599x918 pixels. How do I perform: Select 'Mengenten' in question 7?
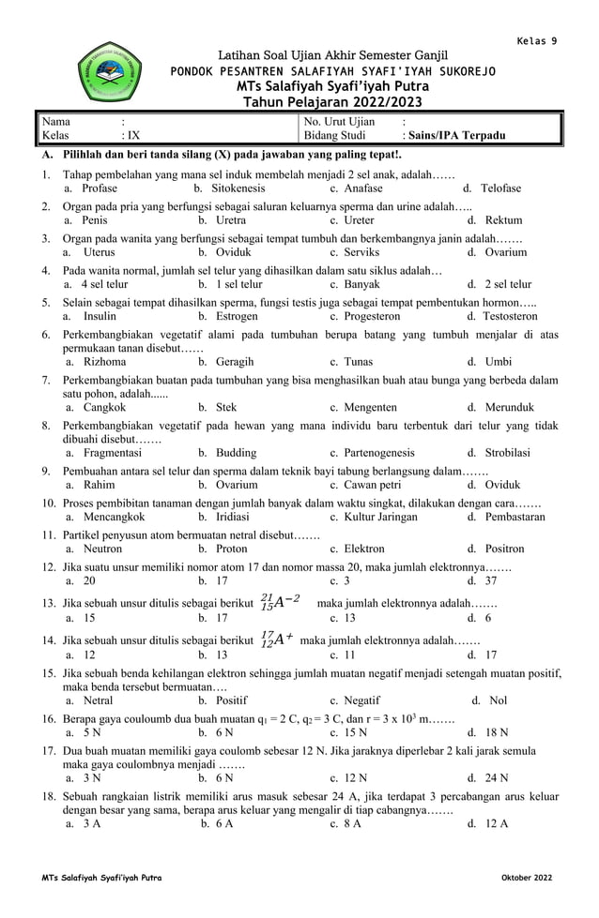pos(368,408)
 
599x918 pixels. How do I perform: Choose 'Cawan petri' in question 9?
pos(373,485)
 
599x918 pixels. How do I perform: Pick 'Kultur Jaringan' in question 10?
pos(380,517)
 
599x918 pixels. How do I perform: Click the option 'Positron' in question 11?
pos(504,549)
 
